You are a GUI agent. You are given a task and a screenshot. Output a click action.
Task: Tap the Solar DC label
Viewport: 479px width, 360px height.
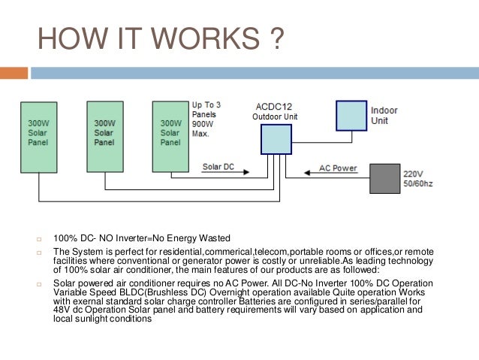click(218, 167)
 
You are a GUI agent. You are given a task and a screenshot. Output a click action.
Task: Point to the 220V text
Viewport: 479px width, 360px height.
click(413, 171)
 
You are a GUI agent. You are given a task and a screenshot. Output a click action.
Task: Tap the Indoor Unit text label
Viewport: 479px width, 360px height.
click(384, 116)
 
